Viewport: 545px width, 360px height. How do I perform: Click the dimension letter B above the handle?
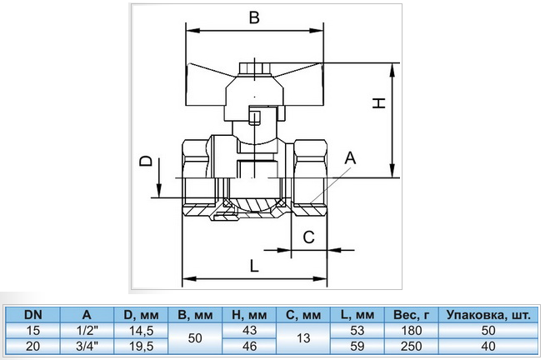pos(254,17)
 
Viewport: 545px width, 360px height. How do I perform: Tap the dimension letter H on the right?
pos(379,103)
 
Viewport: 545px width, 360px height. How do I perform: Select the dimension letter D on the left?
pos(146,161)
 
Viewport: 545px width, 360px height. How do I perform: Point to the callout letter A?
pos(350,158)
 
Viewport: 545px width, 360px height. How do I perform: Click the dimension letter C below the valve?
pos(308,237)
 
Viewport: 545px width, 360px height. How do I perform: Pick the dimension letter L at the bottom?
pos(254,266)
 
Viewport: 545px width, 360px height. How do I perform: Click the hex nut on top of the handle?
pos(255,69)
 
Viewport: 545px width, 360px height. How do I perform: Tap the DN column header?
pos(33,315)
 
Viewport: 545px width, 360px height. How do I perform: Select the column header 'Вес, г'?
pos(412,315)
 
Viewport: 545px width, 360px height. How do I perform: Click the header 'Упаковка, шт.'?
pos(488,315)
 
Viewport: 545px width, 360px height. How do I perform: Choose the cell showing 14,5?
pos(141,330)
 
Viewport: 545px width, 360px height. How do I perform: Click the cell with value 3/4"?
pos(87,346)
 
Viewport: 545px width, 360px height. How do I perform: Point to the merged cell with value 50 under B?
pos(195,338)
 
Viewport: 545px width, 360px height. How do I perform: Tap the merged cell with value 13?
pos(303,338)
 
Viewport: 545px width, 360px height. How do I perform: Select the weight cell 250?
pos(412,346)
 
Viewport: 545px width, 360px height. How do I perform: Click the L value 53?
pos(357,330)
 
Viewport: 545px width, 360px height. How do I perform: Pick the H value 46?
pos(249,346)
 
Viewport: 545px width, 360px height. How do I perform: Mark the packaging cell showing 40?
pos(488,346)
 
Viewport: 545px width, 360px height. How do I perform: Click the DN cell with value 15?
pos(33,330)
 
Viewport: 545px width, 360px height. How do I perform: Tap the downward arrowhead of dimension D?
pos(158,191)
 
